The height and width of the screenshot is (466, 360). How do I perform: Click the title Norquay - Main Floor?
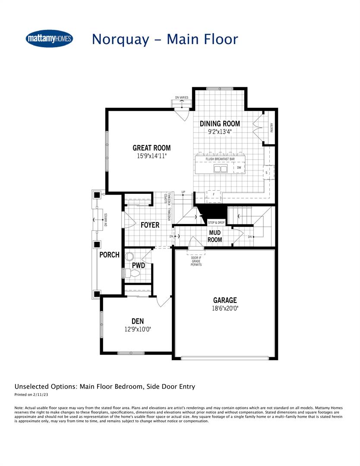click(x=164, y=39)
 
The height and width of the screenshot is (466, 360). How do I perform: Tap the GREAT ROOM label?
click(x=151, y=148)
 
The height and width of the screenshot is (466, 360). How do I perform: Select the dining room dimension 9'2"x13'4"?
click(x=220, y=132)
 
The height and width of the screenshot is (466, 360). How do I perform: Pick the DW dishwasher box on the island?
click(x=239, y=167)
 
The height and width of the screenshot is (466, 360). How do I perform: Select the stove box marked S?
click(x=267, y=173)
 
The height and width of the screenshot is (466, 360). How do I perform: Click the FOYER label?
click(x=150, y=225)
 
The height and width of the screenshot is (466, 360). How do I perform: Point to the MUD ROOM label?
click(x=215, y=236)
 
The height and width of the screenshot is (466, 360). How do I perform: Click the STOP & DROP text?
click(x=216, y=223)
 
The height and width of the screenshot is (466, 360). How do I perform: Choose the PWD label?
click(x=138, y=265)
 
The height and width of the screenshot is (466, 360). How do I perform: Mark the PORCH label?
click(x=109, y=255)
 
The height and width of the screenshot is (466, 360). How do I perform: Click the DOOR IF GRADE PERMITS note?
click(x=196, y=261)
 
